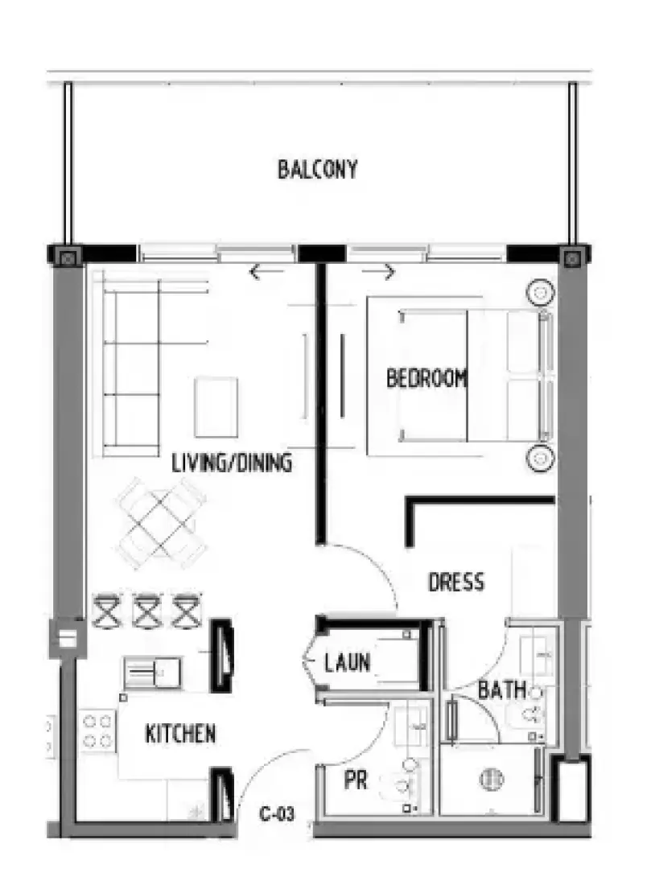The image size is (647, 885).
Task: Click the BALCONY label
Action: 317,169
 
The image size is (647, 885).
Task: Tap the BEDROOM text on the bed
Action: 427,377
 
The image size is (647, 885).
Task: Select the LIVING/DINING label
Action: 232,463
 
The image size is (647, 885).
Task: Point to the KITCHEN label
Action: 181,733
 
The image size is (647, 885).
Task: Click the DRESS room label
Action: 456,582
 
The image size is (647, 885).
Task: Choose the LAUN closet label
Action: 347,661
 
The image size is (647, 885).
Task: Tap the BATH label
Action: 502,689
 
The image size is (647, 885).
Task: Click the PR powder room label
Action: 356,780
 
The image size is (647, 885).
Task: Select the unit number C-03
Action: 277,814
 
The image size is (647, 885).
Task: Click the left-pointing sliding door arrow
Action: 266,272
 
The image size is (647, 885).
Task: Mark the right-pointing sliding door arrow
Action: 378,272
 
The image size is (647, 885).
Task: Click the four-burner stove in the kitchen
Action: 97,731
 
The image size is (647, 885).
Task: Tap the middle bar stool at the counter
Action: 146,610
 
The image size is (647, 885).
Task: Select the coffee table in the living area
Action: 216,407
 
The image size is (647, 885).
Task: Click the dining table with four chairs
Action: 162,523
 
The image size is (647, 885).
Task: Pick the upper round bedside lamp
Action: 540,292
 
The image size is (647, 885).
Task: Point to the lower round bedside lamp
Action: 540,458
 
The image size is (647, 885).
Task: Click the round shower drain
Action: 491,780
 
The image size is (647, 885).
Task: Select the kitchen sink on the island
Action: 152,673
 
